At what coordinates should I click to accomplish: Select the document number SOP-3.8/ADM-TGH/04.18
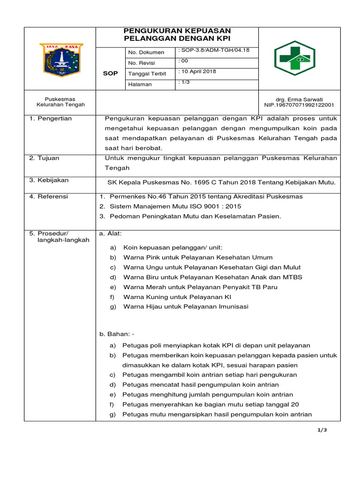[214, 50]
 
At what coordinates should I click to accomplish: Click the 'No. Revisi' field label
[141, 63]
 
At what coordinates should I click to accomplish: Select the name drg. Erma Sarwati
[299, 99]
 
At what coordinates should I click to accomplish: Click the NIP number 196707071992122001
[299, 105]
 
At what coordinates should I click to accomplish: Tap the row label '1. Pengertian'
[50, 119]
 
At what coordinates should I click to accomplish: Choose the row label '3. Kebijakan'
[49, 180]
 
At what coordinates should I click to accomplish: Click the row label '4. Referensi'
[48, 196]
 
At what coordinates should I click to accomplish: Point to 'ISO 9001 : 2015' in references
[217, 206]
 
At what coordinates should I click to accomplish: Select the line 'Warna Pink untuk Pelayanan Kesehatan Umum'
[197, 257]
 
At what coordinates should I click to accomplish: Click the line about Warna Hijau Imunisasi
[186, 307]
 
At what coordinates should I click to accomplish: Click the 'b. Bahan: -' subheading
[117, 334]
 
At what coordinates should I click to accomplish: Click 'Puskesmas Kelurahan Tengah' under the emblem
[60, 102]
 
